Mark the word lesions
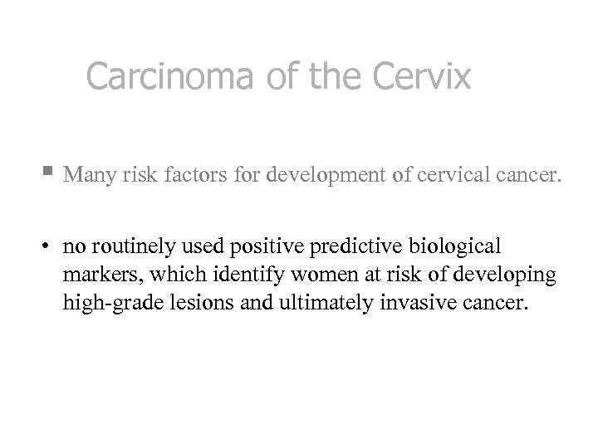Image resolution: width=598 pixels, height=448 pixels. click(189, 301)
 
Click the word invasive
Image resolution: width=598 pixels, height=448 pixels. click(405, 301)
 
